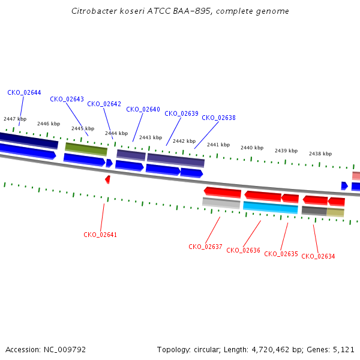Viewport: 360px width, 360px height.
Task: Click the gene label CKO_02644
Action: [x=24, y=92]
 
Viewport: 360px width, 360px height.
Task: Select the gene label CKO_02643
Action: [x=67, y=99]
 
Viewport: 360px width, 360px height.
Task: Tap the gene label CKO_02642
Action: [x=104, y=104]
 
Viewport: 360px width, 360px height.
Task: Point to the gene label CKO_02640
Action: [x=143, y=109]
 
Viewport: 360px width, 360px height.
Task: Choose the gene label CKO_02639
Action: [x=181, y=113]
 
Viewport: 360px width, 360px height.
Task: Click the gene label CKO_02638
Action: [x=218, y=118]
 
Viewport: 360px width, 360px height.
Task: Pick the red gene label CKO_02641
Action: [x=100, y=235]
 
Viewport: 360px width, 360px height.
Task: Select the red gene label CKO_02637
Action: [x=205, y=247]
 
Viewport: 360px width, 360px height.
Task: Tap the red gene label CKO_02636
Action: [x=243, y=250]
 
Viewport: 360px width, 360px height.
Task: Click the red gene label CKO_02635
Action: [x=281, y=254]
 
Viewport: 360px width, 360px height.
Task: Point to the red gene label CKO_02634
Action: [x=318, y=256]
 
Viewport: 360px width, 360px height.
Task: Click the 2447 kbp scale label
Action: [x=15, y=119]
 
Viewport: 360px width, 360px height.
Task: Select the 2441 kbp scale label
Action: [x=218, y=145]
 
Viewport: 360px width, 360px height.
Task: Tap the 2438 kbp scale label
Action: [x=320, y=154]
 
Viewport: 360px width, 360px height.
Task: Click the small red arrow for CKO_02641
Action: [x=107, y=179]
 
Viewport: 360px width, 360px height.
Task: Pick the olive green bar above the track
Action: [x=86, y=148]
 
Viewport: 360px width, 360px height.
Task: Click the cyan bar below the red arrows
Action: [x=270, y=208]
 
